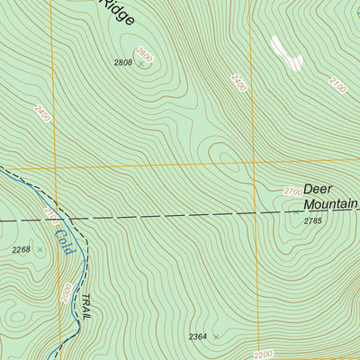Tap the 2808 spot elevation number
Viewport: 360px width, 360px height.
pos(122,62)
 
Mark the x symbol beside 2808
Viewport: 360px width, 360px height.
pos(140,64)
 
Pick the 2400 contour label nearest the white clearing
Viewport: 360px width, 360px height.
pos(238,85)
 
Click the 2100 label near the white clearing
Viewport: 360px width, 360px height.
pos(337,85)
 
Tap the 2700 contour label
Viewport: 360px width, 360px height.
pos(292,192)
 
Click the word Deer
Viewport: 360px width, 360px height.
pos(318,189)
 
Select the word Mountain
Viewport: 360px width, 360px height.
pos(329,205)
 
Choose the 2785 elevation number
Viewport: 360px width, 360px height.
pos(312,220)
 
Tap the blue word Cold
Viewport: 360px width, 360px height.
pos(62,239)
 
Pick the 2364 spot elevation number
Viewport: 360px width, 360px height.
pos(198,337)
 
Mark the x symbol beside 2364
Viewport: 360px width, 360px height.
pos(216,337)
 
